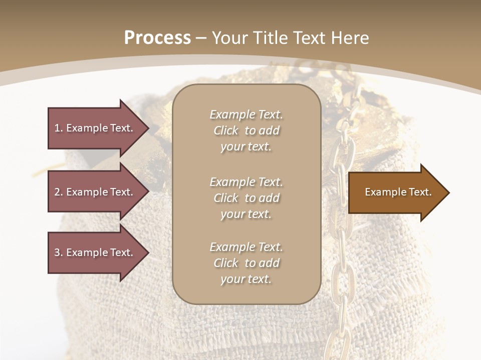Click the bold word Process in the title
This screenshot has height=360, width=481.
pyautogui.click(x=157, y=38)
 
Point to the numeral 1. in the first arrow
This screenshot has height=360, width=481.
pyautogui.click(x=59, y=128)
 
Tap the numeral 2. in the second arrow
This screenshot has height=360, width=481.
pyautogui.click(x=59, y=192)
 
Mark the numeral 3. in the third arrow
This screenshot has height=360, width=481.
pyautogui.click(x=59, y=252)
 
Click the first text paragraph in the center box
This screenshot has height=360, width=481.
pyautogui.click(x=247, y=130)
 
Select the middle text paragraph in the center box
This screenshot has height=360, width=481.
pyautogui.click(x=247, y=198)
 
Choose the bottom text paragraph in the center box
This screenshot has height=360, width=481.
pyautogui.click(x=247, y=263)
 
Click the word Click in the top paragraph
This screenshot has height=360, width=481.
pyautogui.click(x=226, y=130)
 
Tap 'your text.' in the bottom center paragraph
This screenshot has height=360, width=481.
pyautogui.click(x=246, y=279)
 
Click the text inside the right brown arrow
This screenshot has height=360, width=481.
pyautogui.click(x=398, y=192)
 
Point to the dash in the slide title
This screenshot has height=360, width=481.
pyautogui.click(x=201, y=38)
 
